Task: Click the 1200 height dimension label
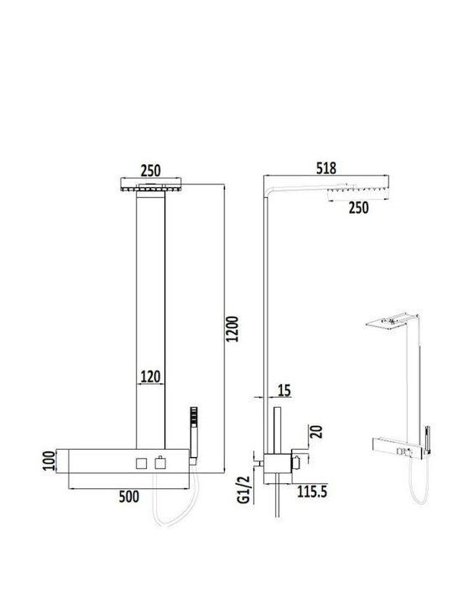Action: [232, 329]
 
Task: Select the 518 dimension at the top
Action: [325, 169]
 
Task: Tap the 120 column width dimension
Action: [150, 377]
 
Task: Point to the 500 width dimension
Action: [128, 497]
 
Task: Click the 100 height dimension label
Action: [49, 461]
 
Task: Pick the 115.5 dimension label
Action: [312, 492]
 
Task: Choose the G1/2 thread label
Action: [243, 490]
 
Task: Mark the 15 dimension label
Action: [284, 390]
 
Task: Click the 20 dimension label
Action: [316, 431]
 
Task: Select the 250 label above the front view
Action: [150, 170]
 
